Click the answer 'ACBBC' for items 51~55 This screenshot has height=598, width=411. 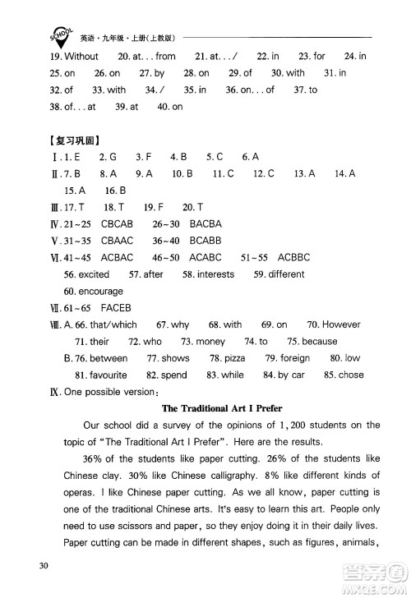293,257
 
